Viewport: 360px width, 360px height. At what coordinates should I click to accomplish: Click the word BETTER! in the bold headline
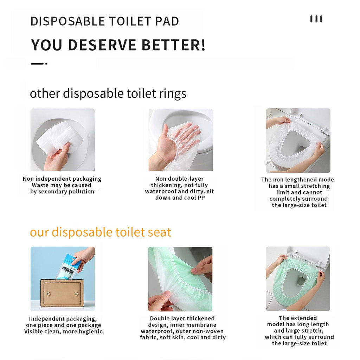[x=173, y=45]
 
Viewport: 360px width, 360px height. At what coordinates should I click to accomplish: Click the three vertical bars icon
[x=316, y=19]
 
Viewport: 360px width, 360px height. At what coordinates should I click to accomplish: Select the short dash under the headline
[x=39, y=64]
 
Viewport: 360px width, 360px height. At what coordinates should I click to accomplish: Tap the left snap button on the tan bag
[x=48, y=294]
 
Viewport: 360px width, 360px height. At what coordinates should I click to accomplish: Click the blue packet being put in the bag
[x=68, y=266]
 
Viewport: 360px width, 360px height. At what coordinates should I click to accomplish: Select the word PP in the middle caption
[x=201, y=198]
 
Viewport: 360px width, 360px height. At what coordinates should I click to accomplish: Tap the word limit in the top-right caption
[x=283, y=192]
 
